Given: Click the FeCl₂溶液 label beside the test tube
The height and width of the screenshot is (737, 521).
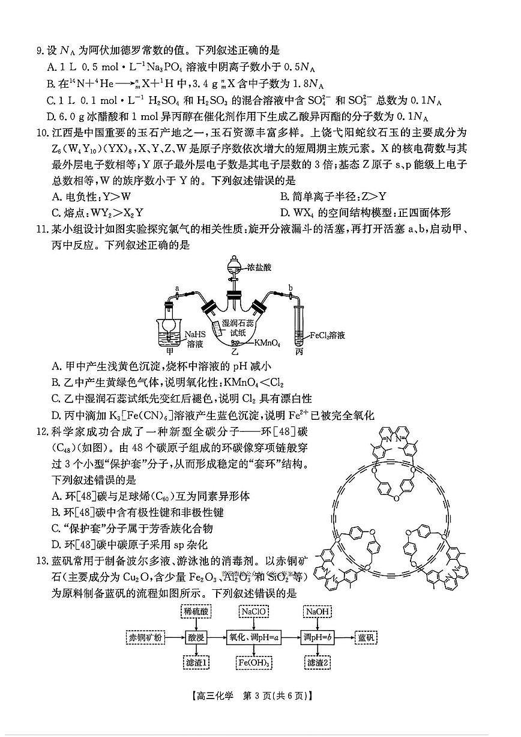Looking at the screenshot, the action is click(328, 336).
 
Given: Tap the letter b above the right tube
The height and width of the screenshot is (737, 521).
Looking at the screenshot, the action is click(291, 288).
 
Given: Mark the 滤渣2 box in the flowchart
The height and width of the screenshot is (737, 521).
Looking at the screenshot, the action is click(318, 663).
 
